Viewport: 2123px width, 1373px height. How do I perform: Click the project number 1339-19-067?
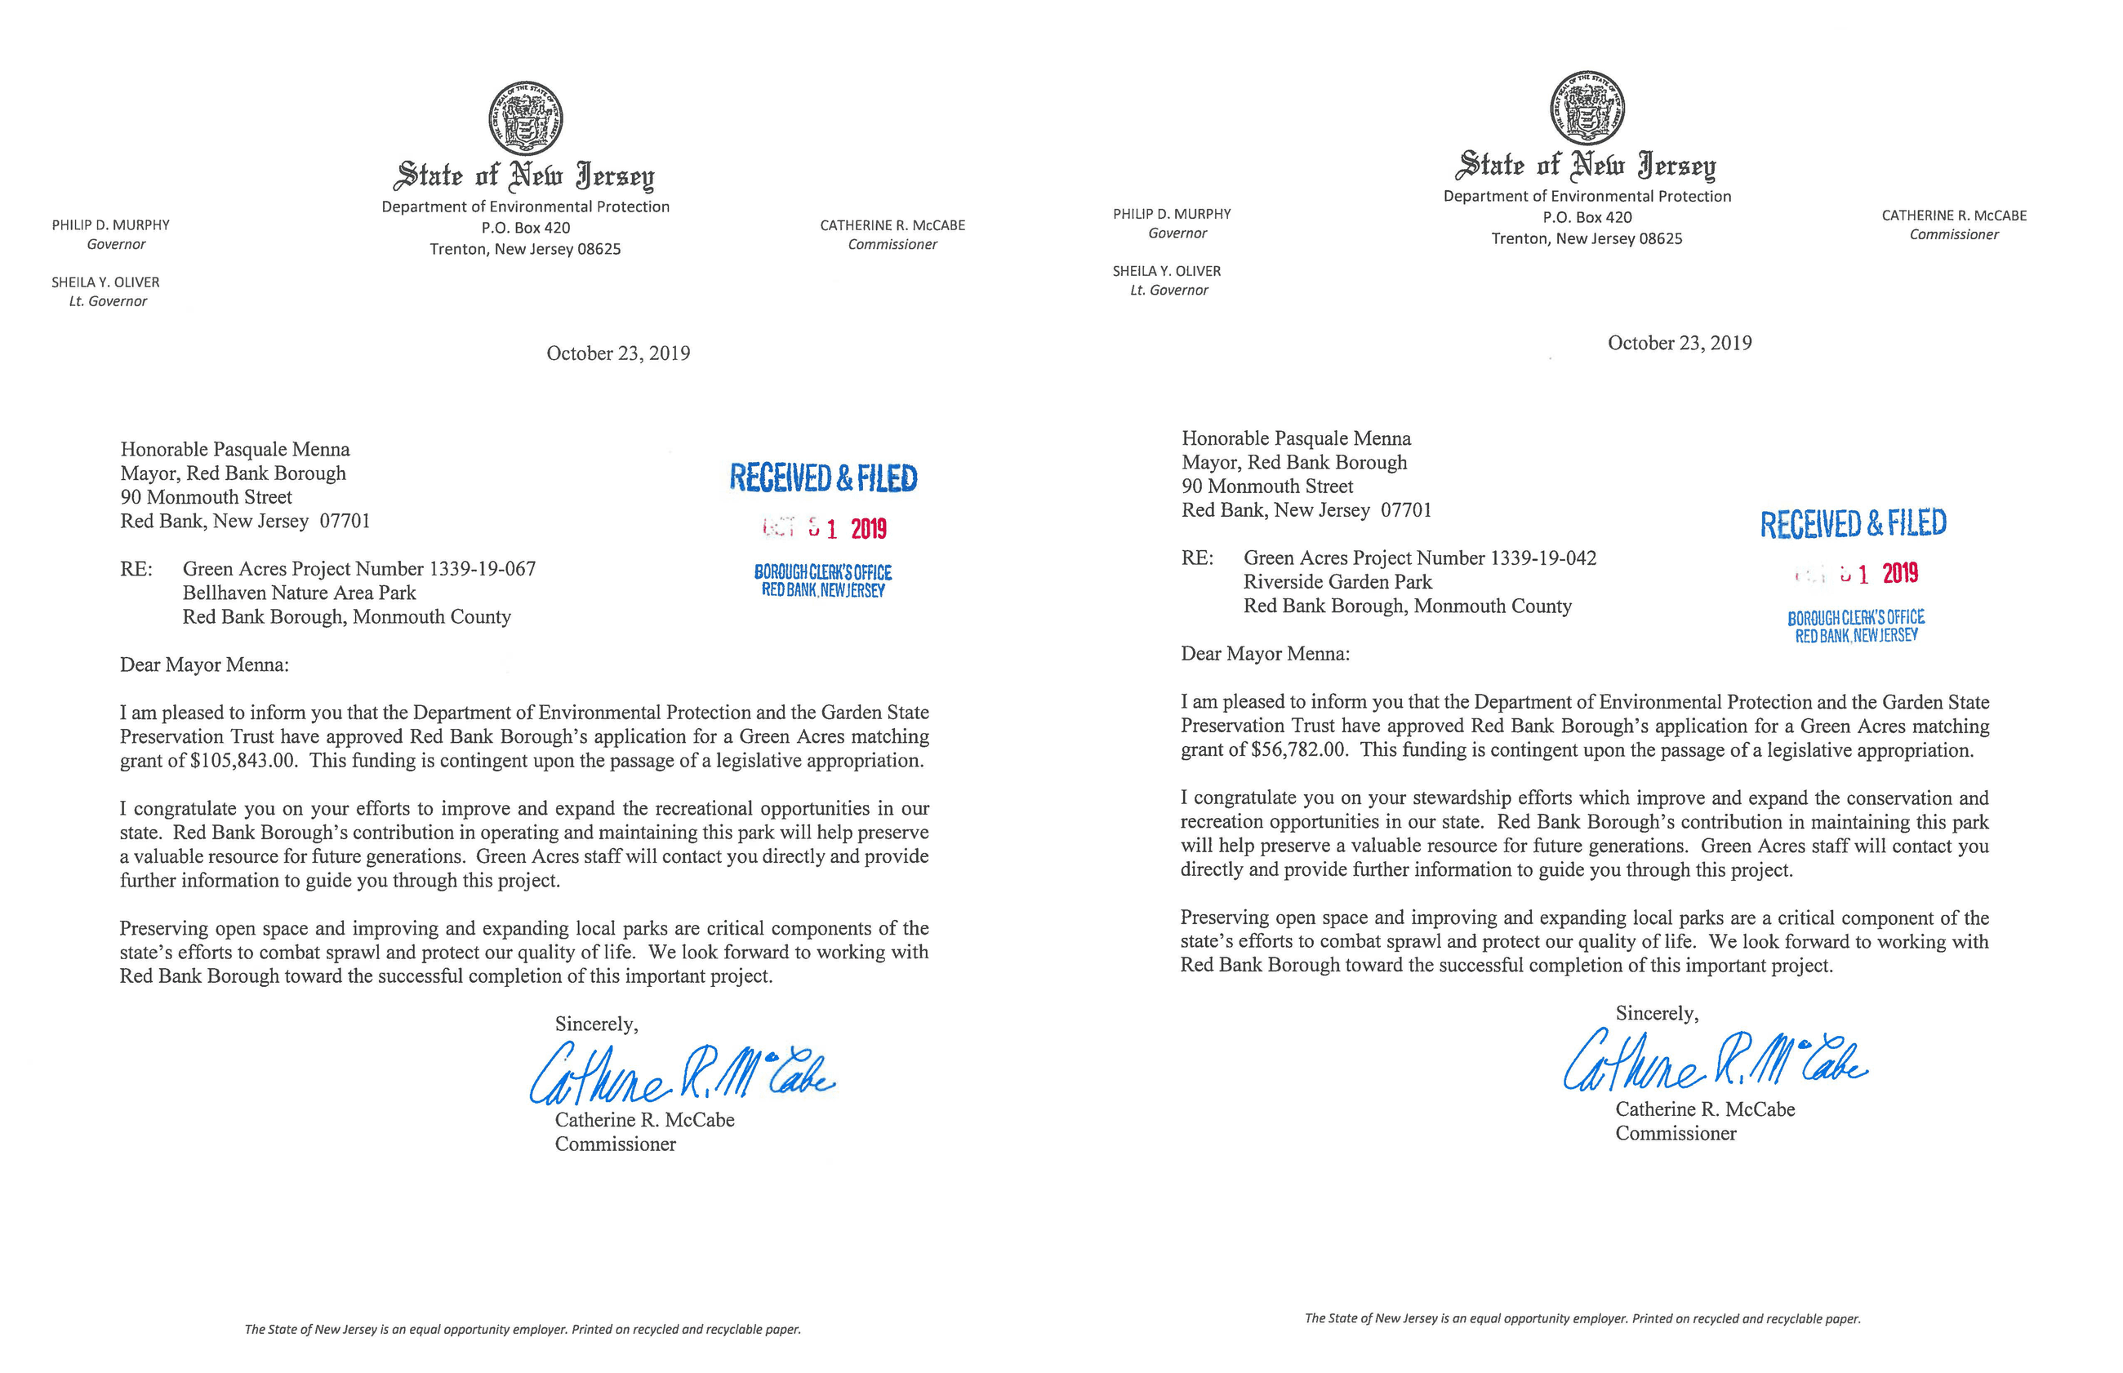(483, 569)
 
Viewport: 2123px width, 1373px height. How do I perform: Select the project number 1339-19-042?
(1543, 558)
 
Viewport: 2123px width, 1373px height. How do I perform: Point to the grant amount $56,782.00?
(1298, 750)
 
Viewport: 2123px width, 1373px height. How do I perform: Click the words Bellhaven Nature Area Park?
(299, 593)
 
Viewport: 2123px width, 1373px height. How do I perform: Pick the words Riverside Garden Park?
(1337, 582)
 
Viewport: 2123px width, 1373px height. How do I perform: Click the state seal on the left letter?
(525, 118)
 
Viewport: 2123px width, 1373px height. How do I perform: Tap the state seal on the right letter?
(1587, 108)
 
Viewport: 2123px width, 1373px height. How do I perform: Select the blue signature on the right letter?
(1715, 1061)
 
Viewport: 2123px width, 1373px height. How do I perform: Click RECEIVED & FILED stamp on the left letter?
(823, 478)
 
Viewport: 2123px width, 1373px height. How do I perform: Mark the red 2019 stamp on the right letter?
(1900, 573)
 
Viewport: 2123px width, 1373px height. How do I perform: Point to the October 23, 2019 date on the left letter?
(618, 354)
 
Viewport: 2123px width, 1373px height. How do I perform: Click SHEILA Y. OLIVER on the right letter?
(1166, 271)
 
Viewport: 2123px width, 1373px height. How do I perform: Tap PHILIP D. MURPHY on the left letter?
(110, 225)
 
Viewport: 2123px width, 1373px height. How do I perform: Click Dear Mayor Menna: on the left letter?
(204, 665)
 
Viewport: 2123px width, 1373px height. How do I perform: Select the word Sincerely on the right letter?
(1656, 1014)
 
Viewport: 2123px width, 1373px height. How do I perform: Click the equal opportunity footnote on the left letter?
(523, 1329)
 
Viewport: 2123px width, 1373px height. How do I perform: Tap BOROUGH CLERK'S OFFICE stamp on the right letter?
(1855, 618)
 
